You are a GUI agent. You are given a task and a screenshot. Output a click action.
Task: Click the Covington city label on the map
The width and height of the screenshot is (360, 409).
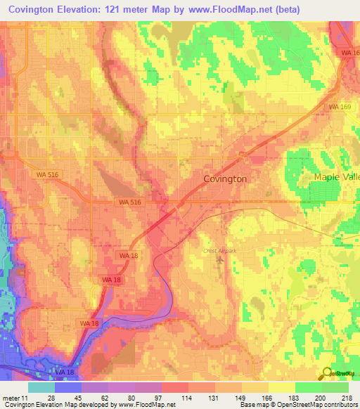225,179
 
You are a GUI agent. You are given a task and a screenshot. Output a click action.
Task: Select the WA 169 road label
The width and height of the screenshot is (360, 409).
340,106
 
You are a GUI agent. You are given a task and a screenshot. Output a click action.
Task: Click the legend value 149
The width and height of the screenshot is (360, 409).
243,398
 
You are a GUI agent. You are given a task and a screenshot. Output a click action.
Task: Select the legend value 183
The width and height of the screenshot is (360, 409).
295,398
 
